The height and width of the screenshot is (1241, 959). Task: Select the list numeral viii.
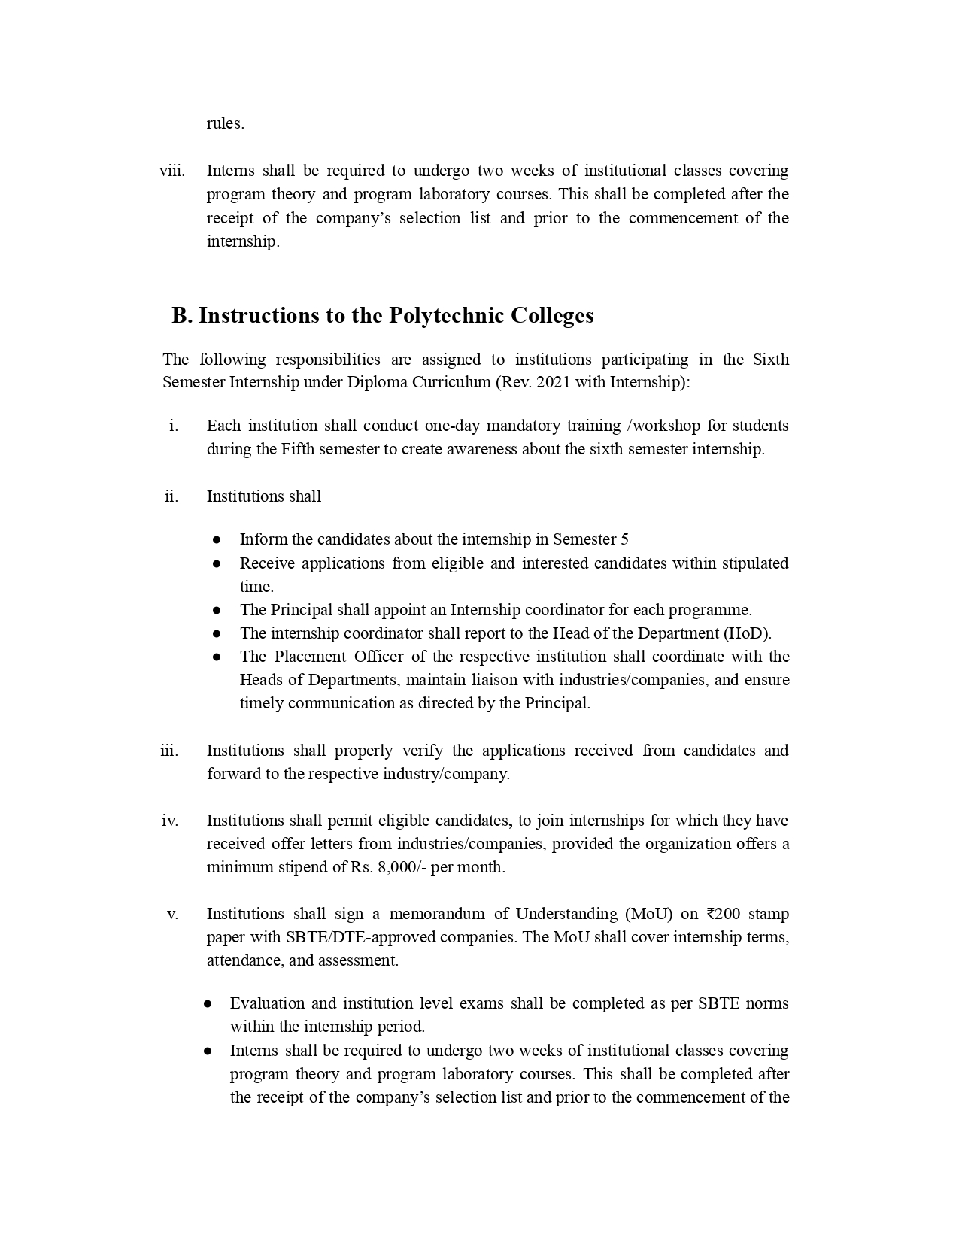click(171, 171)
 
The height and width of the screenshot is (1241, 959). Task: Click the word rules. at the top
click(225, 123)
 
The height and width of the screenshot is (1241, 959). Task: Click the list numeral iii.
click(169, 751)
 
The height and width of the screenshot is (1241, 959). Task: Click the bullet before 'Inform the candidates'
click(217, 539)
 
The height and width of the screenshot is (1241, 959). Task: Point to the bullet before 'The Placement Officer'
click(217, 657)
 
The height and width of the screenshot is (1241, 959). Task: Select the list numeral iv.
click(170, 821)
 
